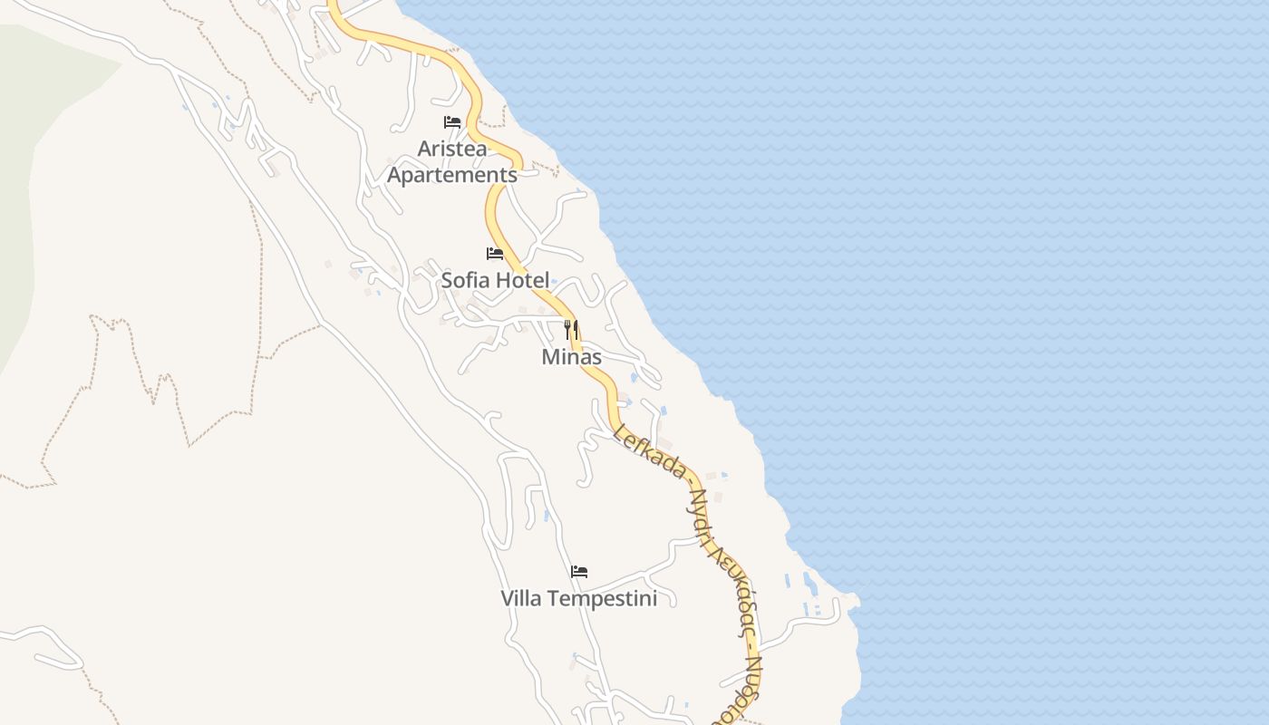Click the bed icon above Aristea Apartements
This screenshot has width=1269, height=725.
[452, 122]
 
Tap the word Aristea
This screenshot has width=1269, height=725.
[452, 148]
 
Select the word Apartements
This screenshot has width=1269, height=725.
[452, 175]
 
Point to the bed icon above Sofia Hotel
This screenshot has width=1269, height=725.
[495, 254]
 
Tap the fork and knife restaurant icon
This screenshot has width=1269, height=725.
[571, 329]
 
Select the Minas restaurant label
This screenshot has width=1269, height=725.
[571, 357]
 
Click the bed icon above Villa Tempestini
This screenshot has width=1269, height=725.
[579, 572]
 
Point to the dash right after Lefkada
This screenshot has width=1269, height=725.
[688, 481]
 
